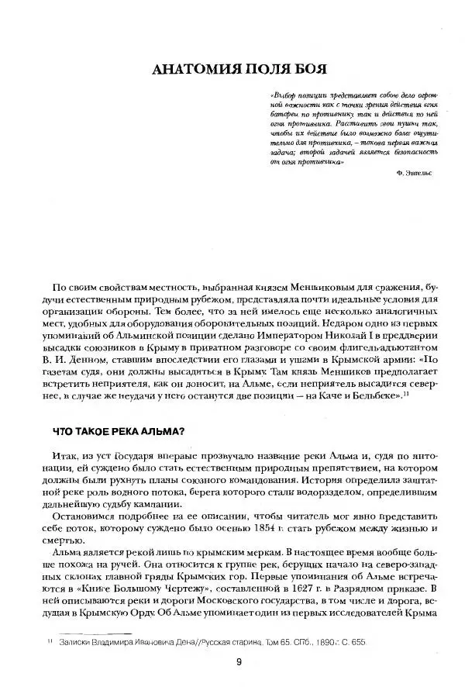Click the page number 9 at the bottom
point(239,661)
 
